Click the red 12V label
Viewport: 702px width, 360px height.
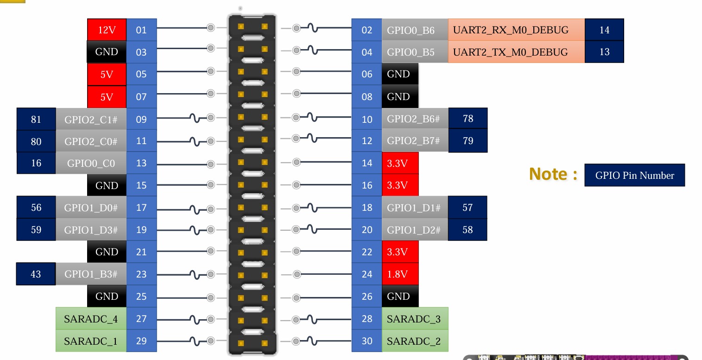coord(107,30)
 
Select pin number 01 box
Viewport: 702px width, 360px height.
coord(141,30)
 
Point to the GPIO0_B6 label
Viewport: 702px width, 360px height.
coord(411,30)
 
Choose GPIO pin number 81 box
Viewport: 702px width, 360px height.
coord(36,120)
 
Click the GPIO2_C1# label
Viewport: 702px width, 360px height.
coord(91,120)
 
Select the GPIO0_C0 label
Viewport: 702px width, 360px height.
coord(91,163)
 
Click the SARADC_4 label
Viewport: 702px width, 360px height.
coord(91,319)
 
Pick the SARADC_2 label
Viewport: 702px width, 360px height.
coord(414,341)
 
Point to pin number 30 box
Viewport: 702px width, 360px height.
coord(367,341)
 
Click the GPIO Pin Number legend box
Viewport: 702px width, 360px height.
coord(634,176)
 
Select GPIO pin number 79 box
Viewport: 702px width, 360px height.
coord(468,140)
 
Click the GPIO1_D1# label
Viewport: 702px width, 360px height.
coord(414,208)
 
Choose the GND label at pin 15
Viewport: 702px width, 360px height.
coord(107,185)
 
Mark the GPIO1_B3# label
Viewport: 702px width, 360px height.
coord(91,274)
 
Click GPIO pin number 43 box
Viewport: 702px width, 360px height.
coord(36,274)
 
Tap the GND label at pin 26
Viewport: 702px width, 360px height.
coord(398,297)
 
